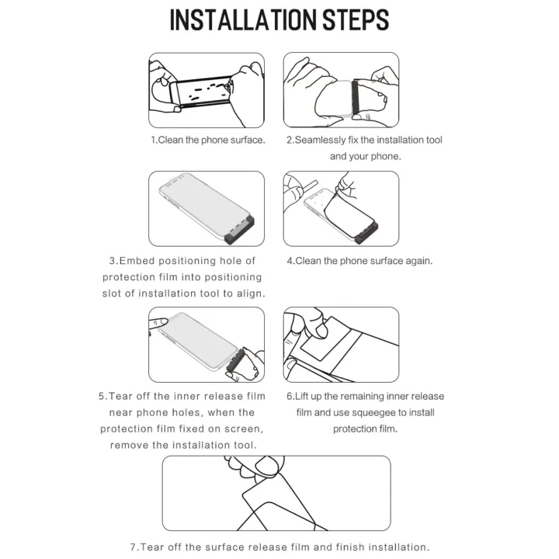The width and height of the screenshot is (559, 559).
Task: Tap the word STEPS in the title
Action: (x=356, y=20)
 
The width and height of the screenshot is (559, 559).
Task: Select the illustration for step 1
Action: (x=207, y=90)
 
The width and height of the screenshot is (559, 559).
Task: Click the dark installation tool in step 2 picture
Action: (x=355, y=96)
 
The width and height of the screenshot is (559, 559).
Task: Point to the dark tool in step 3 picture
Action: (x=240, y=230)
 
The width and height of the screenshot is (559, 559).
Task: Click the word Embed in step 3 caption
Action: (x=137, y=261)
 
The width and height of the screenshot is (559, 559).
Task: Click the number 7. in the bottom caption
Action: (x=134, y=547)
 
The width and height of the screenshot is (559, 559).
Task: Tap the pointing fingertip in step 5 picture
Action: (x=163, y=322)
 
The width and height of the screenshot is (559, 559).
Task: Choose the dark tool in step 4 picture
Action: (x=366, y=232)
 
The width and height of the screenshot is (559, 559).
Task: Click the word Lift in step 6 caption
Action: (x=301, y=397)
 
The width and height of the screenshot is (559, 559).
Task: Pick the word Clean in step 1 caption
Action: (x=170, y=140)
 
